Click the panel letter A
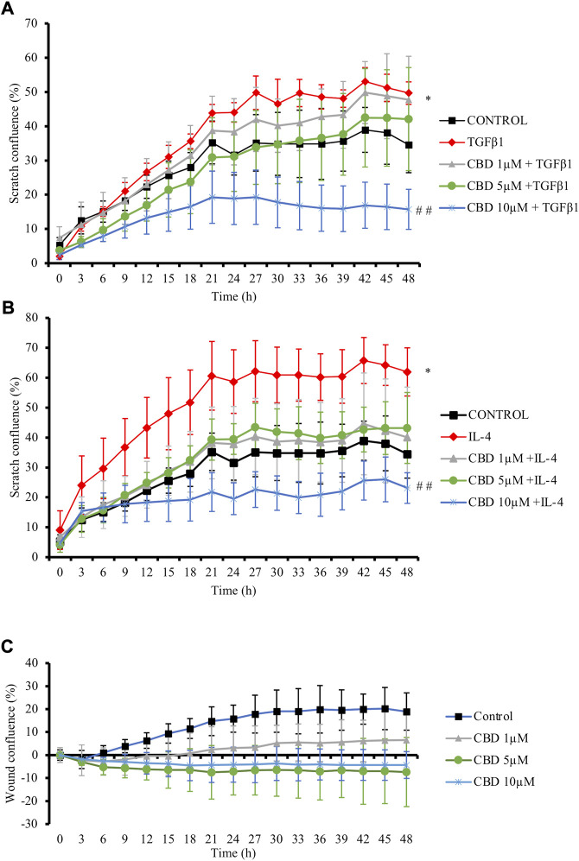(x=8, y=9)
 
